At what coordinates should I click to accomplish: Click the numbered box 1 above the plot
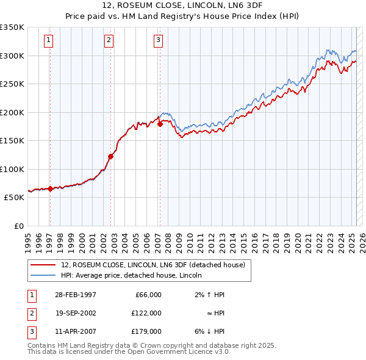48,41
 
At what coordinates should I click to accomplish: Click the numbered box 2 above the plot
109,41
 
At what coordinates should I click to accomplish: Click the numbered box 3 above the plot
158,41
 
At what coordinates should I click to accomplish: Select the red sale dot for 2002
111,156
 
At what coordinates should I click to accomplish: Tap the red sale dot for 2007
160,124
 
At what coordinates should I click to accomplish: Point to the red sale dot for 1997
50,189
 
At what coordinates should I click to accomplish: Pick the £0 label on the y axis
18,226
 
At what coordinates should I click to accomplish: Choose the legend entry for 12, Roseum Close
152,265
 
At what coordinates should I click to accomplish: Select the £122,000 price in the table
147,313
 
